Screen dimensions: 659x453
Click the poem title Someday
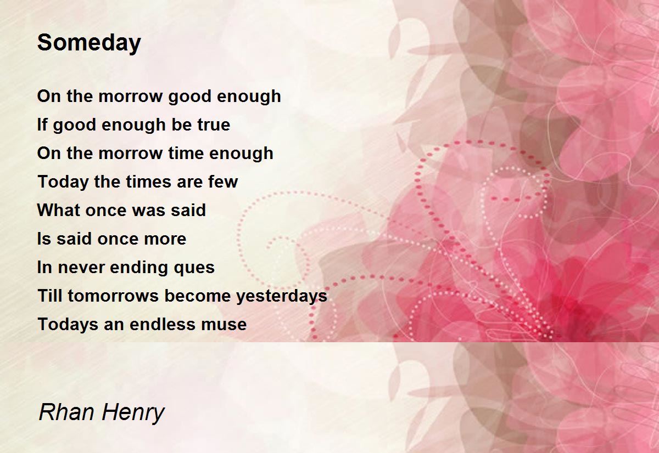pyautogui.click(x=89, y=43)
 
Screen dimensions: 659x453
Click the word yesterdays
pyautogui.click(x=282, y=296)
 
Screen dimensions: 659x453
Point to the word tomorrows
pyautogui.click(x=113, y=296)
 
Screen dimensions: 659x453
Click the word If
pyautogui.click(x=42, y=124)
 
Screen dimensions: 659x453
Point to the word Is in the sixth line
pyautogui.click(x=44, y=239)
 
